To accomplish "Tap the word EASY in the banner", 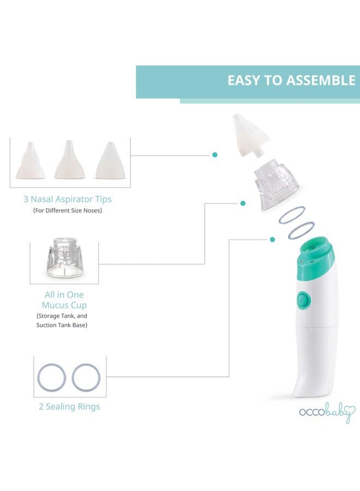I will (x=242, y=80).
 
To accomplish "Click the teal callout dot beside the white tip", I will (x=215, y=155).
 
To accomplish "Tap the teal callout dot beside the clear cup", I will (x=243, y=203).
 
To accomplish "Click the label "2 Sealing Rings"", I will (x=69, y=406).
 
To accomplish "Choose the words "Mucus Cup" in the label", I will (x=64, y=305).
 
